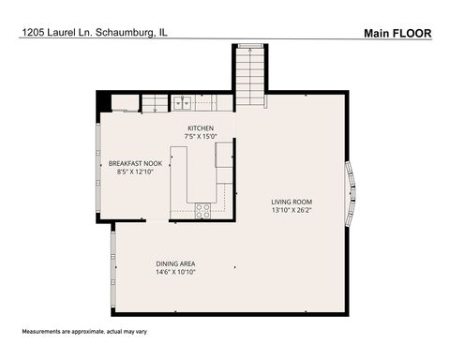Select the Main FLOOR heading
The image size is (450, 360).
(x=397, y=33)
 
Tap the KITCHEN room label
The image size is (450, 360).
(x=201, y=128)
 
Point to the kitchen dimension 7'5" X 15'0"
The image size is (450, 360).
(x=201, y=137)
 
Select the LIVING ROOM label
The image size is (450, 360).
(x=292, y=202)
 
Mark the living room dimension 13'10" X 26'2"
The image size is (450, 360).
(x=292, y=210)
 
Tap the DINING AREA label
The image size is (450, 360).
(x=175, y=263)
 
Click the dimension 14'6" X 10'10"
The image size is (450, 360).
(x=175, y=273)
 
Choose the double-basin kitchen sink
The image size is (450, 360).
(x=182, y=102)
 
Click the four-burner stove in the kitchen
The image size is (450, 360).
(x=202, y=210)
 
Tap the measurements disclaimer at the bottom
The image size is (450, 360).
(x=84, y=332)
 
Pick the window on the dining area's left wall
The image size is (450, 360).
(x=112, y=271)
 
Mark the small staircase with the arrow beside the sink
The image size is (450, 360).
(x=154, y=102)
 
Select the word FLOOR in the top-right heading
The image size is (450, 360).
(x=412, y=33)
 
